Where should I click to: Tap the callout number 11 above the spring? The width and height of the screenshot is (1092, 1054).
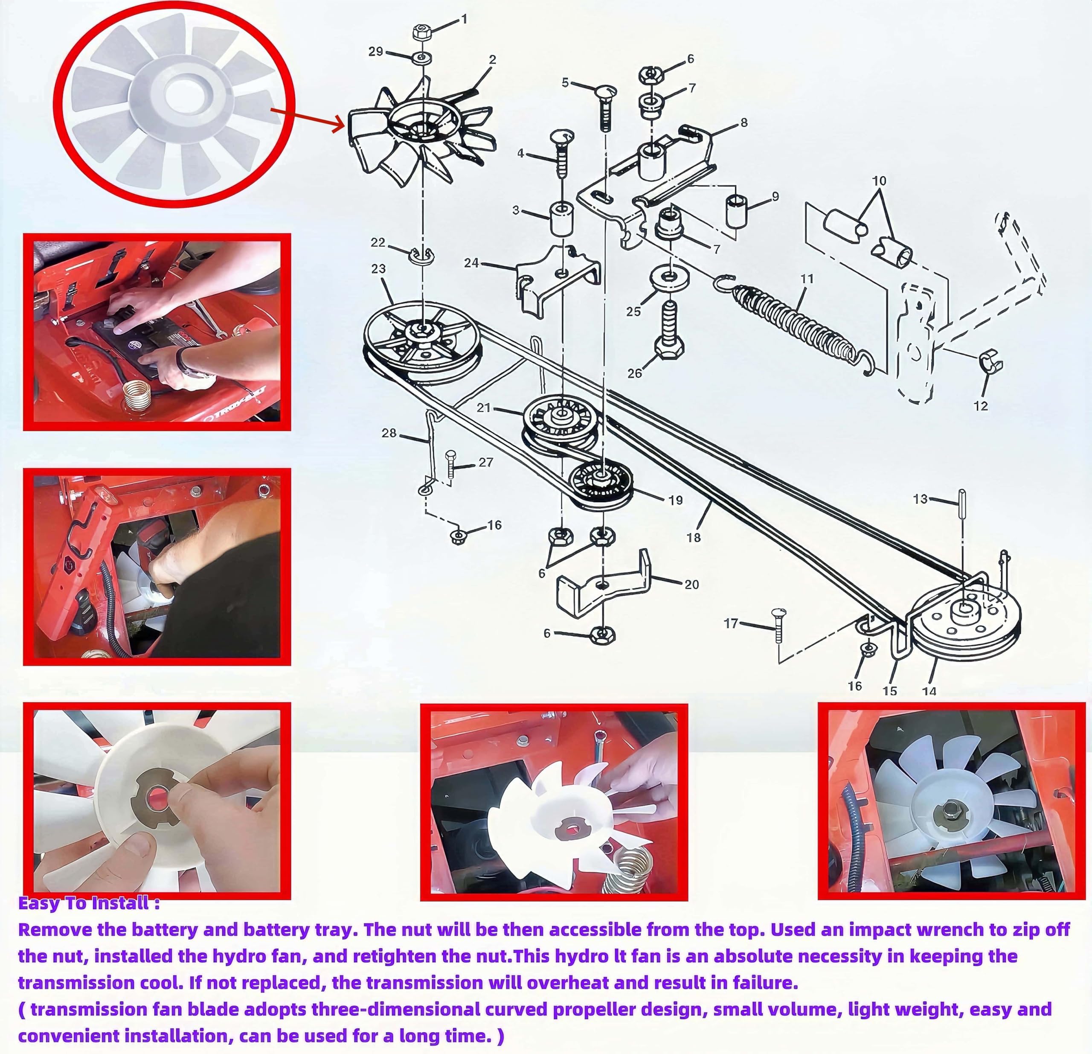pyautogui.click(x=806, y=279)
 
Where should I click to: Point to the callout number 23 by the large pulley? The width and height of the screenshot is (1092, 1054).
pyautogui.click(x=378, y=269)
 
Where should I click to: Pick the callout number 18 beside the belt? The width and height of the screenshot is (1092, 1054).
pyautogui.click(x=694, y=537)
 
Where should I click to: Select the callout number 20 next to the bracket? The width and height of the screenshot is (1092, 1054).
pyautogui.click(x=691, y=584)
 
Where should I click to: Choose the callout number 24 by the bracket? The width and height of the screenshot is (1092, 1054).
pyautogui.click(x=471, y=262)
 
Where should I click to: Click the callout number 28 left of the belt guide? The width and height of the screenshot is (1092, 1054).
pyautogui.click(x=389, y=433)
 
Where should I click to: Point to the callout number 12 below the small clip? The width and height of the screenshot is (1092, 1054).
pyautogui.click(x=981, y=406)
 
